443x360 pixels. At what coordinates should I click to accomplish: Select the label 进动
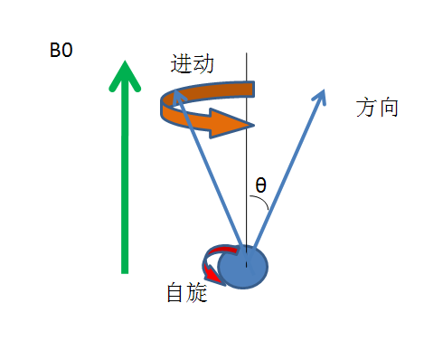(x=192, y=64)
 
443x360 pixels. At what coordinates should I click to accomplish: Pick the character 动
(x=203, y=64)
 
